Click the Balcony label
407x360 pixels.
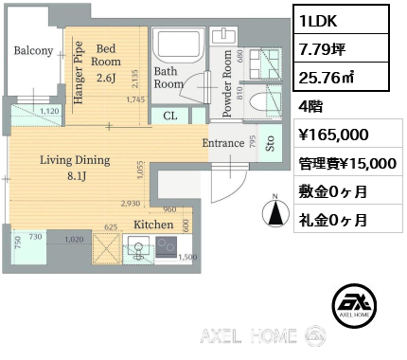33,51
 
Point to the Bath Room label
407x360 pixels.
168,77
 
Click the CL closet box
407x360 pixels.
170,116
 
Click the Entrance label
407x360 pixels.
224,143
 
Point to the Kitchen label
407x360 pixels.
152,225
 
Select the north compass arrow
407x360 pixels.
274,213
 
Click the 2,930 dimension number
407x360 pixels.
130,203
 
